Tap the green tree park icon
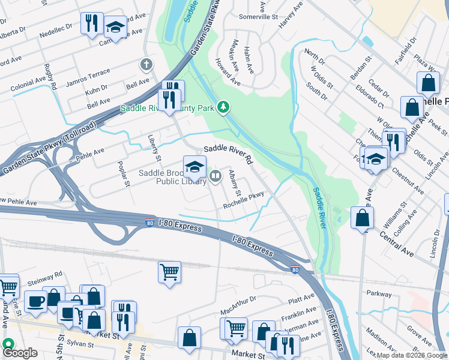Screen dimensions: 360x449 [x=223, y=107]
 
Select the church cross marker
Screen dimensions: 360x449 [x=145, y=64]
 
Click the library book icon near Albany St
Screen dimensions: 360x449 [x=215, y=175]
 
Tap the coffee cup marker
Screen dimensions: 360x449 [x=35, y=301]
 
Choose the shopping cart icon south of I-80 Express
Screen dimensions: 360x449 [x=170, y=272]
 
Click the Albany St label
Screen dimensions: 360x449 [x=234, y=184]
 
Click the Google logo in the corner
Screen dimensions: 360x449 [x=20, y=352]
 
